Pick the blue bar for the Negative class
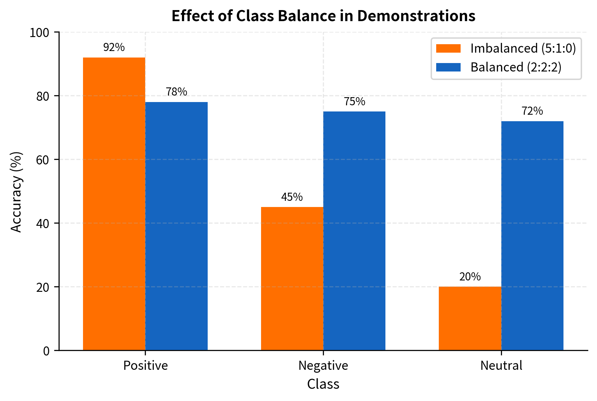point(354,231)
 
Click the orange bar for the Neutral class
point(470,318)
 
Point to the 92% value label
point(114,47)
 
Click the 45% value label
point(292,197)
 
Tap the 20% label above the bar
point(470,277)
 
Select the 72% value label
point(532,111)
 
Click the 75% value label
point(354,102)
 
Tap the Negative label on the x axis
point(323,366)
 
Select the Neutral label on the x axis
point(501,366)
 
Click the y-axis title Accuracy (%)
point(16,192)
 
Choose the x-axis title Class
point(323,384)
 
